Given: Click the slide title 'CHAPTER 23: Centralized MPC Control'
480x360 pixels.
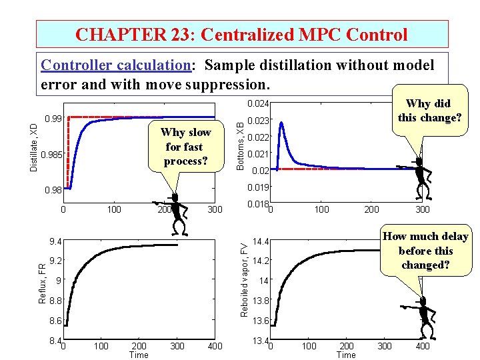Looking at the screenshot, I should point(241,34).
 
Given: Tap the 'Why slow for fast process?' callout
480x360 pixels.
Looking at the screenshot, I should point(185,147).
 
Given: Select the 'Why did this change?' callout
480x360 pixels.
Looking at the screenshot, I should point(428,111).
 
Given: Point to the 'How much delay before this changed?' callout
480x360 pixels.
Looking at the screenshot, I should point(425,251).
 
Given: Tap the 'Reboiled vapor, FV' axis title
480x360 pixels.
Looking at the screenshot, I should point(245,279).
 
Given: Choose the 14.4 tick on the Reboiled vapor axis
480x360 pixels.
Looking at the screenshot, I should point(259,241).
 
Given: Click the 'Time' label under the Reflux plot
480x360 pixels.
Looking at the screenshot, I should point(139,355).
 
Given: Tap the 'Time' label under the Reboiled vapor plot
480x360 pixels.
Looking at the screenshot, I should point(346,355).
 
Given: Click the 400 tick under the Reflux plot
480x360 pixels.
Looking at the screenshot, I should point(215,346).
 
